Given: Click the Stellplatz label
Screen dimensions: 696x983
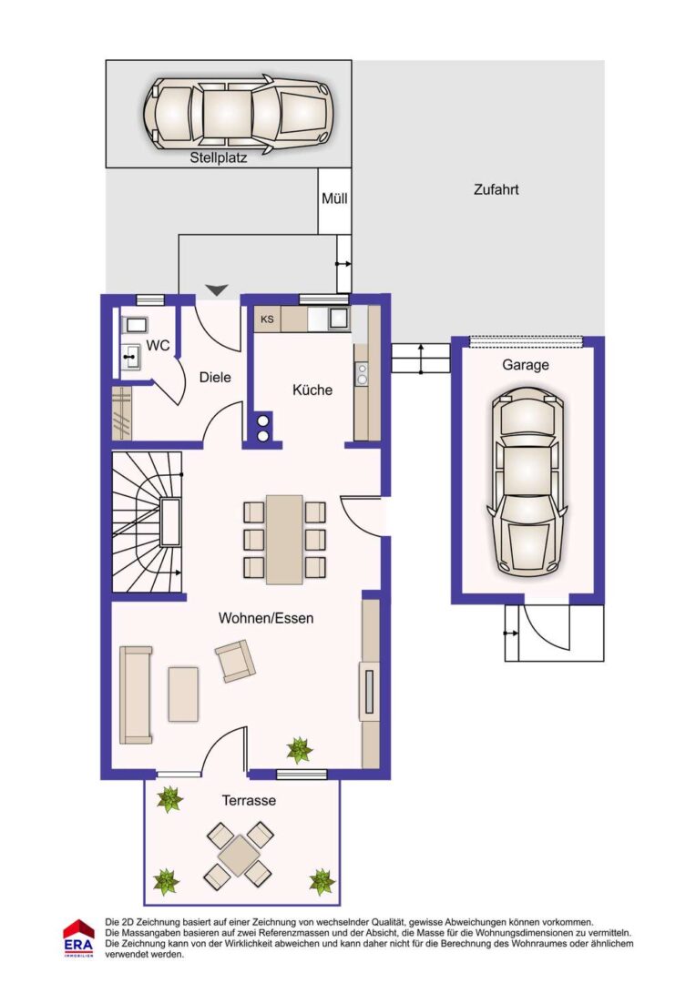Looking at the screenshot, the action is click(219, 158).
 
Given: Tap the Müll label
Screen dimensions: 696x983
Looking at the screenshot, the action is click(334, 198).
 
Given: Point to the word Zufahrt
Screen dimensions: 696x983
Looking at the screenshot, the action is click(496, 190).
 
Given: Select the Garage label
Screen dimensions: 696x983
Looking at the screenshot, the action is click(526, 365).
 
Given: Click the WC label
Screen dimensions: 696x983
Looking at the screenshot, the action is click(158, 346).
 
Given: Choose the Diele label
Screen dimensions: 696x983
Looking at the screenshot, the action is click(215, 378).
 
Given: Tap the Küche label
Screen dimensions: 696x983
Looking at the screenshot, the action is click(312, 390).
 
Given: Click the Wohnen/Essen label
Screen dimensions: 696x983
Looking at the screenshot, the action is click(266, 618).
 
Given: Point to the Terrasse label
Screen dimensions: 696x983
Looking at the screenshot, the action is click(249, 801).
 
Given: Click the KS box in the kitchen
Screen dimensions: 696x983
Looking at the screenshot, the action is click(267, 319).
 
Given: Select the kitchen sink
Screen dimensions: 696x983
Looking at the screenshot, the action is click(338, 319).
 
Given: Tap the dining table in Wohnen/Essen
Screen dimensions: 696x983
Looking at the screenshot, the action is click(284, 539).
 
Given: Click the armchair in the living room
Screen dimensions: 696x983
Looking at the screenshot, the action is click(235, 661).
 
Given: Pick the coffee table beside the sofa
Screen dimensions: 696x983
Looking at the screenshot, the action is click(183, 694).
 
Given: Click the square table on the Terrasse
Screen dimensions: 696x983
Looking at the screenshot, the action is click(239, 856).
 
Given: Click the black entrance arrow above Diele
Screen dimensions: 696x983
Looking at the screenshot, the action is click(217, 290).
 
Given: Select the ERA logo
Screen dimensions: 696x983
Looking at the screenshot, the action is click(78, 937).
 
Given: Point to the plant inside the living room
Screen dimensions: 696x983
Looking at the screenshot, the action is click(300, 750).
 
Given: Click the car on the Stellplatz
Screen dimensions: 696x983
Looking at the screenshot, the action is click(239, 114).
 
